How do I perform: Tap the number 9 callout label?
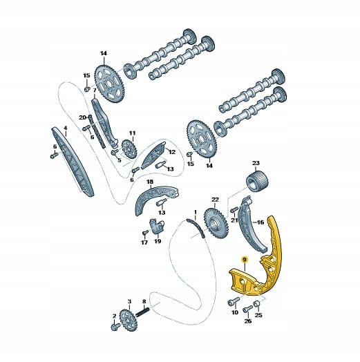pos(245,260)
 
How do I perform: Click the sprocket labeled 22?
pos(215,224)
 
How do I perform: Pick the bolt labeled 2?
pos(115,326)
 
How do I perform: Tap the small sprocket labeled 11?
pos(129,149)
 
